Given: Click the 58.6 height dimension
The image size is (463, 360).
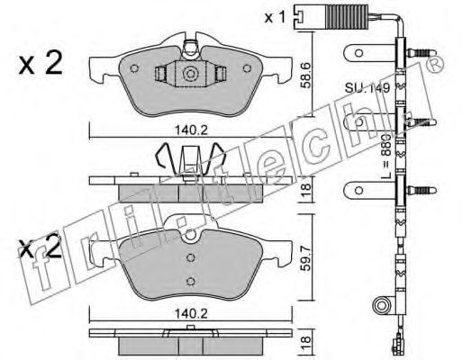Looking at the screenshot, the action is (x=306, y=75).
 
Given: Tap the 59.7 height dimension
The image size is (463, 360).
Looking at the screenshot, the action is (x=306, y=258).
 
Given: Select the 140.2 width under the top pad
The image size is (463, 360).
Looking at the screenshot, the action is (x=191, y=130).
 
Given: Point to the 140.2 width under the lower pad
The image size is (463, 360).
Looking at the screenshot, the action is (x=191, y=314).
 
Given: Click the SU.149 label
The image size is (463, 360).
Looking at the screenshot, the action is (x=367, y=88).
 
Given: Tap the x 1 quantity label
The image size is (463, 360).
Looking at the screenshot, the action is (x=275, y=18).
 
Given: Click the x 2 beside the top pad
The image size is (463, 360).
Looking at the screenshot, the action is (x=41, y=62).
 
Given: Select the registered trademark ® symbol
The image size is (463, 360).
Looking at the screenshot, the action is (x=435, y=64).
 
